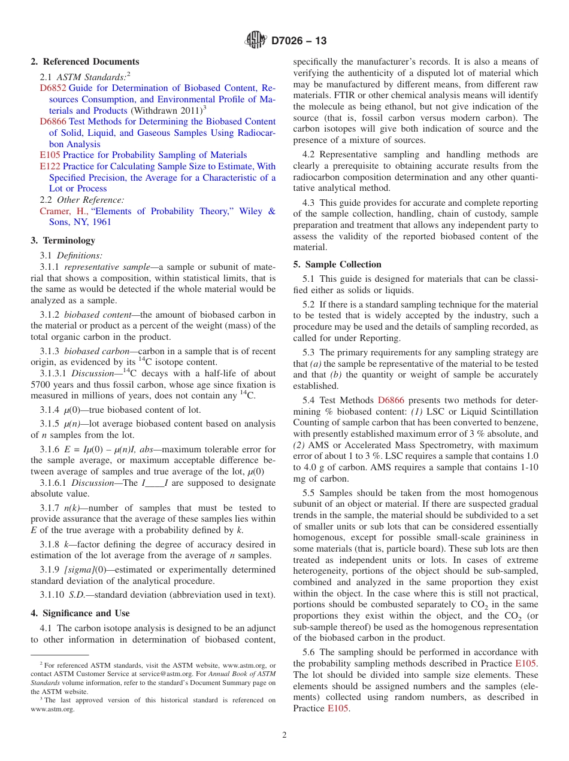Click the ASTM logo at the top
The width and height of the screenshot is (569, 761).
click(x=256, y=41)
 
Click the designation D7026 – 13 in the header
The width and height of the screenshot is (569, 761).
click(x=299, y=41)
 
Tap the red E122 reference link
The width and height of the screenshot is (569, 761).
click(x=50, y=166)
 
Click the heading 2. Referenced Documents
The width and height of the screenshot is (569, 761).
click(x=85, y=62)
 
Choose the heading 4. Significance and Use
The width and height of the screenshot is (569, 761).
click(x=80, y=613)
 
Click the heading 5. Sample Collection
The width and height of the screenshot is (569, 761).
click(x=337, y=264)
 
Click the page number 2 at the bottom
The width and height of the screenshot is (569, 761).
click(x=284, y=735)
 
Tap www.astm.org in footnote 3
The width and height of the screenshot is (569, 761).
click(x=53, y=709)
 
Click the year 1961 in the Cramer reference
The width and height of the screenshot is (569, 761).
click(x=102, y=222)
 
